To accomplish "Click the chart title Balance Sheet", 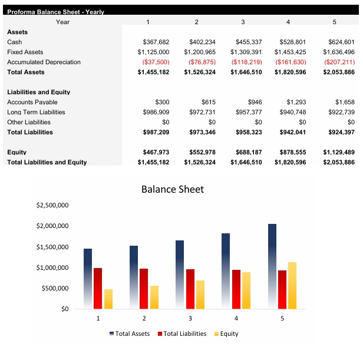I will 173,189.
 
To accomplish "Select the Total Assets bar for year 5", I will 272,265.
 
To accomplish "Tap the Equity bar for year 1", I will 108,299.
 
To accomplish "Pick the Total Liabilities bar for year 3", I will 190,289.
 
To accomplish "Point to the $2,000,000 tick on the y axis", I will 53,226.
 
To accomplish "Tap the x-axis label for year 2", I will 144,318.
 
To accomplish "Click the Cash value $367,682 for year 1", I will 156,42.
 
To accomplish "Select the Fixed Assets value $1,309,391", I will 246,52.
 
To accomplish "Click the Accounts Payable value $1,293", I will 295,102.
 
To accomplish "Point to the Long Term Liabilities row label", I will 36,112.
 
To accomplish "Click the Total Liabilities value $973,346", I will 200,132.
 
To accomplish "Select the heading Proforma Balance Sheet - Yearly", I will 55,12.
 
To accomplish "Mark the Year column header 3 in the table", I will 243,22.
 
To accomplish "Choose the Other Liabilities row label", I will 29,122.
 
